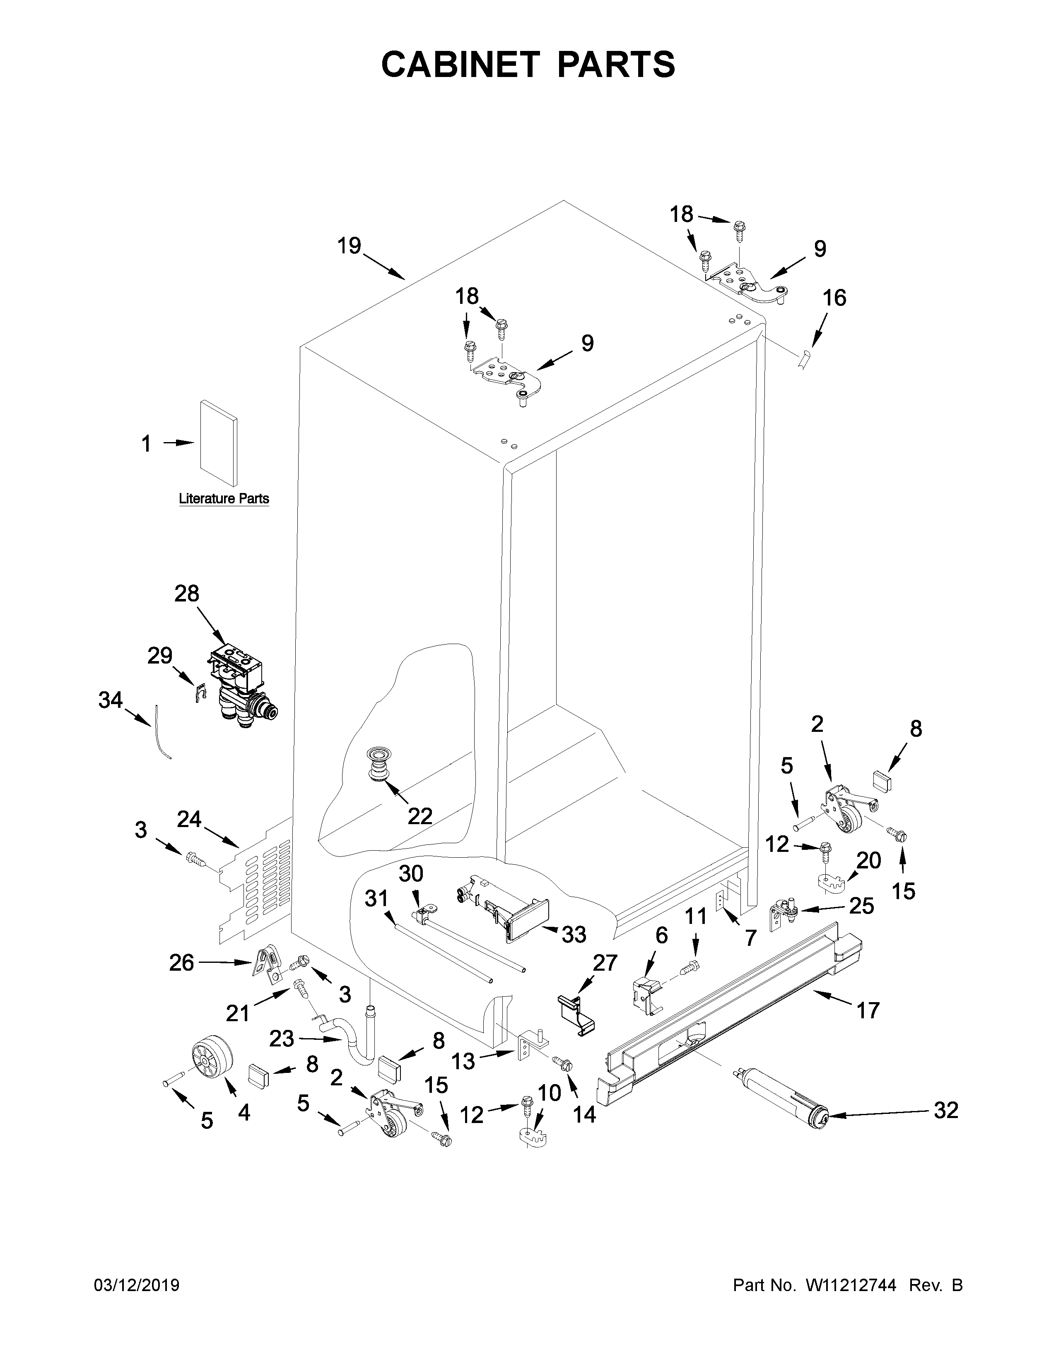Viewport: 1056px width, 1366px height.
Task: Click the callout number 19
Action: coord(349,246)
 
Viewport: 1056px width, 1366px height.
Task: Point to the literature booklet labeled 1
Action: coord(218,443)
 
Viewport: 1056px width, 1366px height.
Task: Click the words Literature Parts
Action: coord(224,498)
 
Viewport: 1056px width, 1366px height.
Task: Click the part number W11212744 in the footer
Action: coord(851,1285)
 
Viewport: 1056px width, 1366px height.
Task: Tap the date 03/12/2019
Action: coord(136,1285)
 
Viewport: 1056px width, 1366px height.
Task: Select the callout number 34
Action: coord(110,700)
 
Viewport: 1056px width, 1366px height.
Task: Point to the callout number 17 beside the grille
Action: coord(868,1010)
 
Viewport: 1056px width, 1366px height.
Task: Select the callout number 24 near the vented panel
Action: coord(189,819)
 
